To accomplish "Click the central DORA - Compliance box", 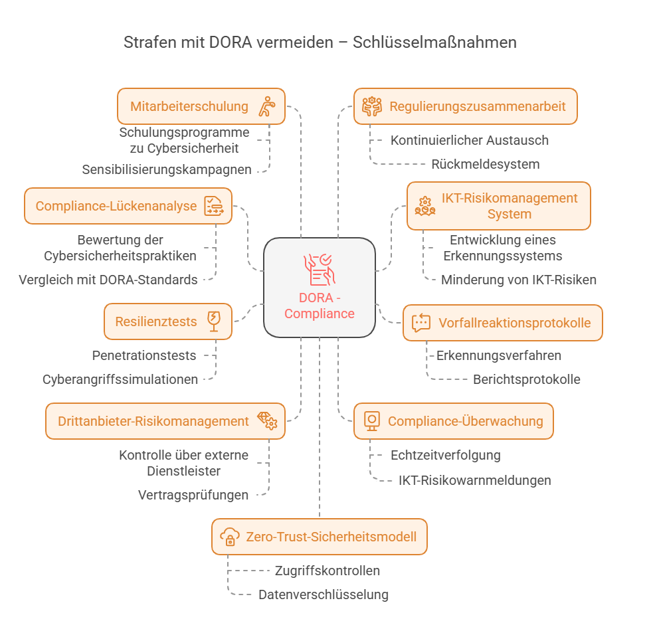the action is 320,288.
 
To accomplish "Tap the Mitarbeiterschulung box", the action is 201,106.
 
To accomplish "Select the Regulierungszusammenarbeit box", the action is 466,106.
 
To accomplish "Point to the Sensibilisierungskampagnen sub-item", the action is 167,169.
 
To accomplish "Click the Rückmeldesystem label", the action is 486,164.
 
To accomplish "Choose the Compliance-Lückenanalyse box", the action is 128,206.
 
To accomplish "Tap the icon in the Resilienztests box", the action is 214,321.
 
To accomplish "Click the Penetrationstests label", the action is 144,355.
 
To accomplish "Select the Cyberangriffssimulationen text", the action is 120,379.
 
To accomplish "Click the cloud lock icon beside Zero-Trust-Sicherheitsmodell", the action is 230,537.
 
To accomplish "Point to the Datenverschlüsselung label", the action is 324,594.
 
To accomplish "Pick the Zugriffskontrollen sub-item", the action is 328,571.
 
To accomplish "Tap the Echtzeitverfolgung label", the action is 445,455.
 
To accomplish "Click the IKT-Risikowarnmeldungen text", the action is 475,480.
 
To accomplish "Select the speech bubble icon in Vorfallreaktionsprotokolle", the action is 421,323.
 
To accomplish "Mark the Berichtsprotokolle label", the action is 527,379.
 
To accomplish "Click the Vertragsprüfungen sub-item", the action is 193,495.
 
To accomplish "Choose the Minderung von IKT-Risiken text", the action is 519,280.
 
